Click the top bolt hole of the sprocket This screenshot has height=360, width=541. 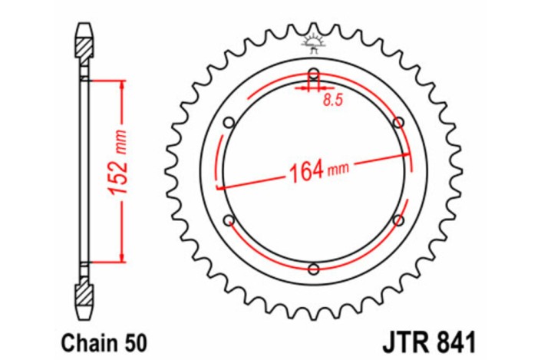[313, 74]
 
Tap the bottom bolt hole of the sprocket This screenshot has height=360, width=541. [313, 269]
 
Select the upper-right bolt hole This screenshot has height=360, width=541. [398, 123]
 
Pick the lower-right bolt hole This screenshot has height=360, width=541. [398, 220]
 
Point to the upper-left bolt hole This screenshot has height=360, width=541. [229, 123]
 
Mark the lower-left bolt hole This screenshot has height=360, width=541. [229, 220]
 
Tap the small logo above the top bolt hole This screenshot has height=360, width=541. [313, 41]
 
